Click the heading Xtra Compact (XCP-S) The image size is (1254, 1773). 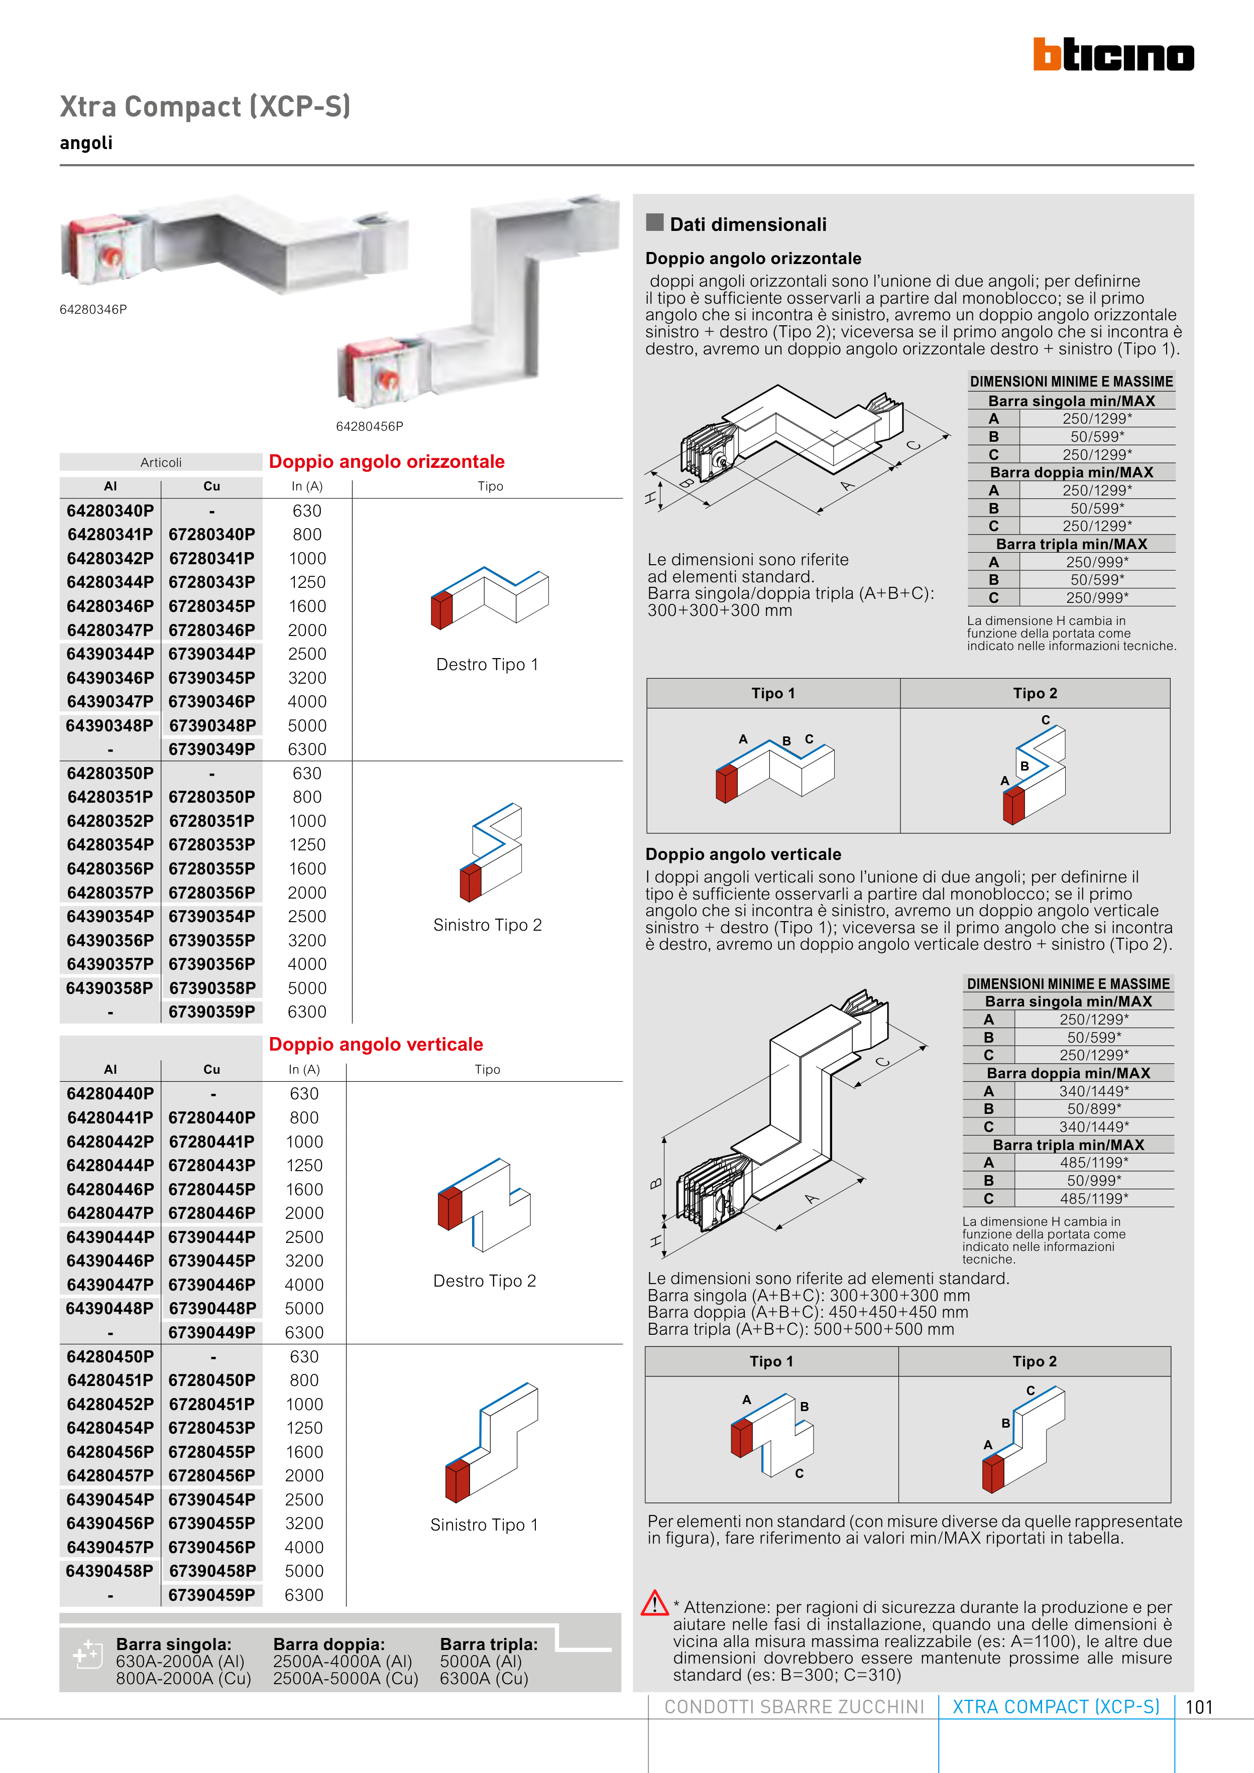coord(205,106)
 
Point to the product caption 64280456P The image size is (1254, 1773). coord(369,426)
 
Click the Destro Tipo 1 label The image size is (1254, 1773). coord(487,665)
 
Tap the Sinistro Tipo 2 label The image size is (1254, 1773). coord(488,925)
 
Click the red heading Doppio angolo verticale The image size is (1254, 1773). coord(376,1045)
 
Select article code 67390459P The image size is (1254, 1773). coord(212,1595)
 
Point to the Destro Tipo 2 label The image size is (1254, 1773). coord(485,1281)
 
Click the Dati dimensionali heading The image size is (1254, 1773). coord(747,225)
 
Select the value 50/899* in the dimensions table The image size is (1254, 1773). coord(1094,1109)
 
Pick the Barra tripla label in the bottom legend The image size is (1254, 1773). coord(488,1644)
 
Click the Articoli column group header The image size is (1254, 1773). coord(161,462)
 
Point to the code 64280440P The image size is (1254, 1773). coord(109,1093)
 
